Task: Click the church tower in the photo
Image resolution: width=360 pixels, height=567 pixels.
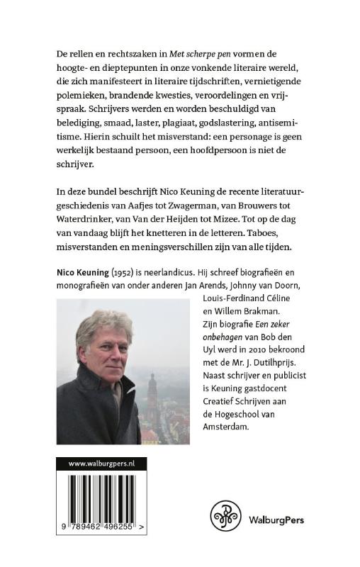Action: (151, 397)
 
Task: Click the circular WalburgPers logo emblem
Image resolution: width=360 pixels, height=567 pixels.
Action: (225, 519)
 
